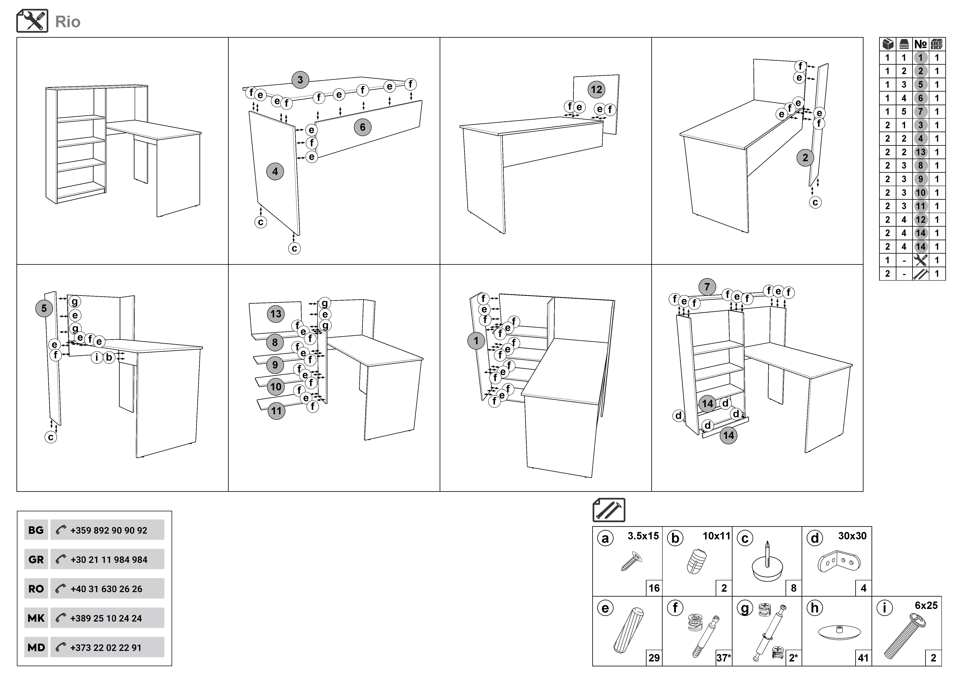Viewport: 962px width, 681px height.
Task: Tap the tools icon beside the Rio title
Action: point(32,21)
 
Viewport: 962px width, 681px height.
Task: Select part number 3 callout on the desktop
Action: point(300,80)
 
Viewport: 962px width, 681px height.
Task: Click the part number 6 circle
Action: point(362,127)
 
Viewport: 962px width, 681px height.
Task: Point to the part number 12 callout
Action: point(596,89)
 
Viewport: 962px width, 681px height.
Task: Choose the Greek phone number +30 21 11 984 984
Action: point(109,560)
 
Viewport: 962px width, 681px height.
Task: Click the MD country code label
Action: point(36,647)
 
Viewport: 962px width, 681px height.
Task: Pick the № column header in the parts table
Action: point(920,44)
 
